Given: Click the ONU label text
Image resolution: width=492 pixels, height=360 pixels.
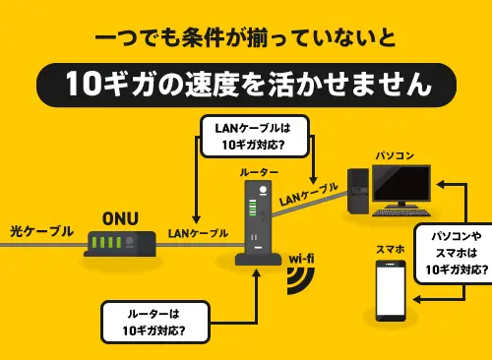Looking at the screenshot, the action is point(120,218).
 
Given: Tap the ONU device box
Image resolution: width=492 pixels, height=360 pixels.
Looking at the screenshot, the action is point(120,244).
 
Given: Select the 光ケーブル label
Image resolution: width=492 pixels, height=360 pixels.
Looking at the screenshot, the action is point(41,231).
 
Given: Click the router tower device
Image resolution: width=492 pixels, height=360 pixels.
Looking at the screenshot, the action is point(259,223).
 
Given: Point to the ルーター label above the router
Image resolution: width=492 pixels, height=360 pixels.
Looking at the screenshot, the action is point(259,172).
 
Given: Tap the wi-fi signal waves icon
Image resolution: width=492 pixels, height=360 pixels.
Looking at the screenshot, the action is point(301,280).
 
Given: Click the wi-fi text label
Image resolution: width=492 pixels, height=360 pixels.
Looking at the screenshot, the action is point(301,259).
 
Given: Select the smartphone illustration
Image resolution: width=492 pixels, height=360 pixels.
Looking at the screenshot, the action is point(391,290).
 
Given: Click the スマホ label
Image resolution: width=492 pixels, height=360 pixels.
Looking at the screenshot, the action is point(390,250).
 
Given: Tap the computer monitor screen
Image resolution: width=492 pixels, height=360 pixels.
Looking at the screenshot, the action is point(401,183).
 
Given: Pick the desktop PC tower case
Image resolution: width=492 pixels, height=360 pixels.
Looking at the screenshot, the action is point(358,191).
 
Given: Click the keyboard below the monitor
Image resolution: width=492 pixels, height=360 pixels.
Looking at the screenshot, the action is point(401,212).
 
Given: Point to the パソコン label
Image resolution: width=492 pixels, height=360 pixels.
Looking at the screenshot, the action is point(395,155).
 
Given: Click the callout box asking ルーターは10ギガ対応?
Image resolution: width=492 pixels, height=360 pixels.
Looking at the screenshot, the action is point(155,322).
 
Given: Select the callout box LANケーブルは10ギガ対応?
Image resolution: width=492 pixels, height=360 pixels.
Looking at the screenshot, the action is point(255,136).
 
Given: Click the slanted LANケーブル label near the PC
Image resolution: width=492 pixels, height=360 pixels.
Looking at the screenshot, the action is point(309,195).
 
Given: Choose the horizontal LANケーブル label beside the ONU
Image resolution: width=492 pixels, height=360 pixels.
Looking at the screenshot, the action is point(198,233).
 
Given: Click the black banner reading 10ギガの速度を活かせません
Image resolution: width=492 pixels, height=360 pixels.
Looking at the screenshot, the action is point(246,85).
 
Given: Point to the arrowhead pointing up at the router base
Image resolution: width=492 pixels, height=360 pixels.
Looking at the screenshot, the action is point(257,273).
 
